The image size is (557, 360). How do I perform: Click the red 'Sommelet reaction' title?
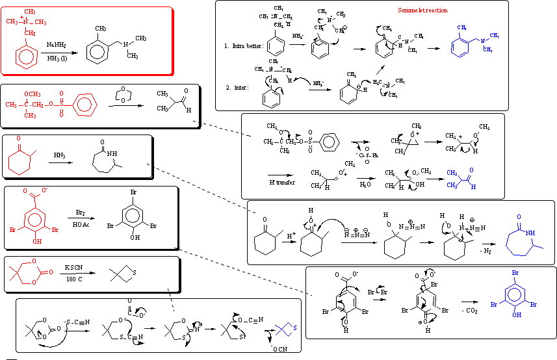coord(422,10)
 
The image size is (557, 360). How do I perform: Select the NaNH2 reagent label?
coord(55,44)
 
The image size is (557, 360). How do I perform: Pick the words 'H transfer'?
coord(281,182)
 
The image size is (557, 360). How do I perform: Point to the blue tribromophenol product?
coord(513,292)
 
